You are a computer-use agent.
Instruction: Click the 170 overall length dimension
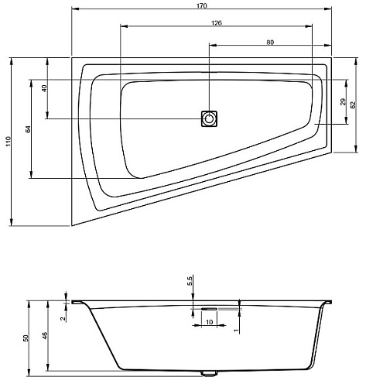coord(202,5)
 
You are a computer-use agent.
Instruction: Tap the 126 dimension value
coord(217,22)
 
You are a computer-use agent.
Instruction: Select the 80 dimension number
coord(270,42)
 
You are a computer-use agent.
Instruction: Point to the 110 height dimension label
coord(9,142)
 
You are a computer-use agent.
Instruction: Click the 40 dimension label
coord(44,88)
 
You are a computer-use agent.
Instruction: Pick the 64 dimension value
coord(28,129)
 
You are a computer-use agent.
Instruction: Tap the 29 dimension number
coord(343,101)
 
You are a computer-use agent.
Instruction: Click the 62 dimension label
coord(353,104)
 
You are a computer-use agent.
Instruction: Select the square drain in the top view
coord(209,118)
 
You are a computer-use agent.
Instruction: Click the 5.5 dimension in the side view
coord(190,281)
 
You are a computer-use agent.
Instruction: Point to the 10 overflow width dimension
coord(210,322)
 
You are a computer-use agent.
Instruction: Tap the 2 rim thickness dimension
coord(63,319)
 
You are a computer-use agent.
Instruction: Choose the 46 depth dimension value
coord(45,335)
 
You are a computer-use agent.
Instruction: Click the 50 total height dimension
coord(26,338)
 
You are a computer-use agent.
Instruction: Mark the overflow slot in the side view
coord(209,309)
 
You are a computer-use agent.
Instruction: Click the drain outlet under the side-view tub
coord(209,373)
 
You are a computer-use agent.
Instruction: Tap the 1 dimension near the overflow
coord(236,330)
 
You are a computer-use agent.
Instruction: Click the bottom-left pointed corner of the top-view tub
coord(72,226)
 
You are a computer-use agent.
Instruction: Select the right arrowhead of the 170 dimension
coord(328,9)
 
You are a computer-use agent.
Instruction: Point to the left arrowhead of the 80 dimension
coord(213,46)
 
